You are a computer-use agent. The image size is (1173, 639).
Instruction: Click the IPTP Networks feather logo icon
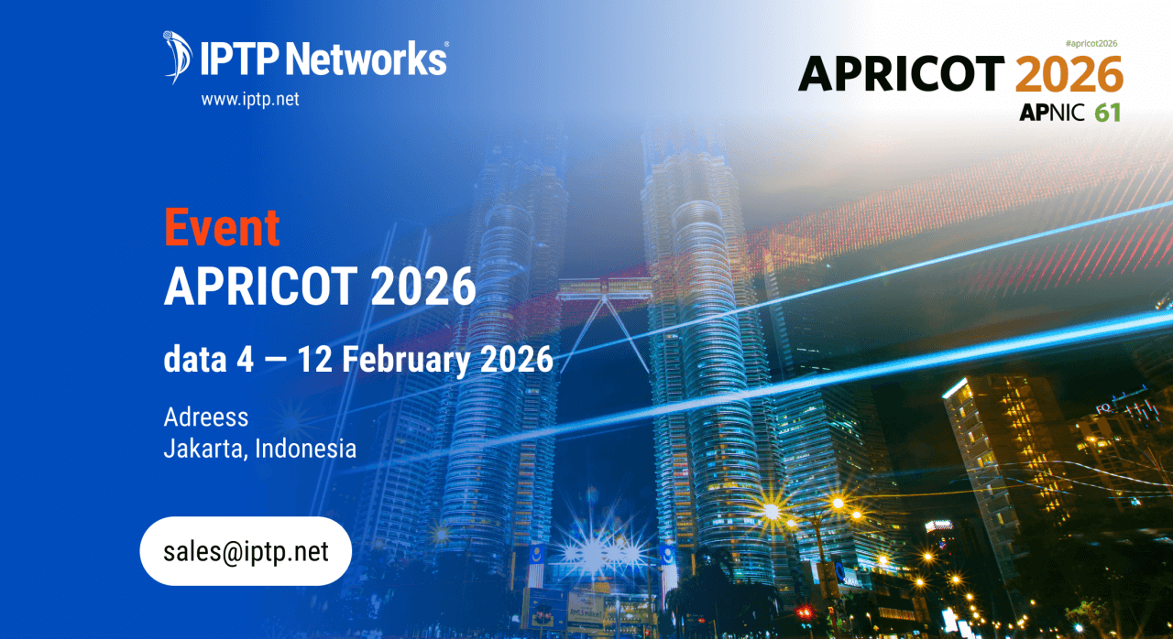(x=177, y=56)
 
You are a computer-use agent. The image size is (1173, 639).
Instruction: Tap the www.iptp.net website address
(x=250, y=99)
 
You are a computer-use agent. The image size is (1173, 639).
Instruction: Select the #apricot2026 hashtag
(x=1092, y=43)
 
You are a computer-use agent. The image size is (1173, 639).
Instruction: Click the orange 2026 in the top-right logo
(x=1069, y=74)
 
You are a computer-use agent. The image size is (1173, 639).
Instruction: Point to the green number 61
(x=1107, y=113)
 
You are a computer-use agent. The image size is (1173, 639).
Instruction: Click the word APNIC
(x=1052, y=113)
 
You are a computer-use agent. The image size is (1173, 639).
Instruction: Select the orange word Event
(x=222, y=228)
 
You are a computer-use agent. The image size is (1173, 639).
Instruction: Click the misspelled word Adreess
(x=206, y=417)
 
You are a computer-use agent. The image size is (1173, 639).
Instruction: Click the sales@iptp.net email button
(x=246, y=551)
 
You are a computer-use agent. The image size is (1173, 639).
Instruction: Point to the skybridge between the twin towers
(x=605, y=289)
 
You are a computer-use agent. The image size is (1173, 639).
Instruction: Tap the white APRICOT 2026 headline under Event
(x=320, y=287)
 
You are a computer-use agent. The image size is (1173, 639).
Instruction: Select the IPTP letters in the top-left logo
(x=237, y=59)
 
